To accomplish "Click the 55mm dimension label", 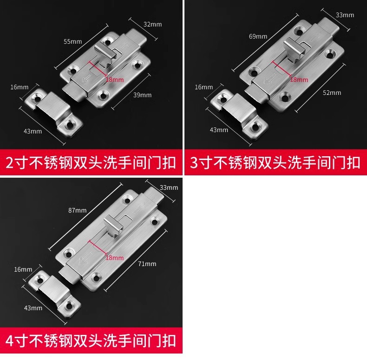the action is pos(72,41).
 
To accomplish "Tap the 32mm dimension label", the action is pos(153,24).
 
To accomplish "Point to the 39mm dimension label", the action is pos(142,95).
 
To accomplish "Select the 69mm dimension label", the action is pos(258,36).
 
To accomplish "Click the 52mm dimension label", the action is pos(332,93).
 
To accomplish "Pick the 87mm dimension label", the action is pos(77,210).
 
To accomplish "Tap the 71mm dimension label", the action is pos(147,264).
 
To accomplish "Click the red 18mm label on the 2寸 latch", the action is pos(115,80).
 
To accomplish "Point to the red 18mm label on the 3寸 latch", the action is pos(299,80).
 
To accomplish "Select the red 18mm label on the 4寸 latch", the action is pos(115,257).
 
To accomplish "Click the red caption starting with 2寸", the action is pos(91,163).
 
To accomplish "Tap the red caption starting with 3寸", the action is pos(275,163).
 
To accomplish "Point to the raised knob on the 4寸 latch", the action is pos(112,225).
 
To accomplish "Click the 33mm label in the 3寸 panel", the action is pos(345,15).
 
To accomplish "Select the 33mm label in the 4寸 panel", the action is pos(169,187).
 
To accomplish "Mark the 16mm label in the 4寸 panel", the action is pos(23,269).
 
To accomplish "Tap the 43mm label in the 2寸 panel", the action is pos(33,131).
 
